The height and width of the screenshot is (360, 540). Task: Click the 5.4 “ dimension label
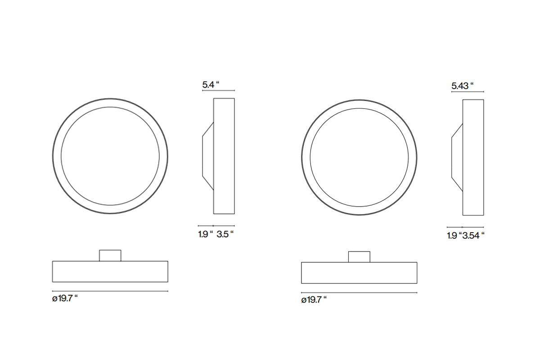[211, 85]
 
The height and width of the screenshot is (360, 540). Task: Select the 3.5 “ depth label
[225, 234]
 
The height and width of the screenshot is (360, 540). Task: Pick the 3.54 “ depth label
[473, 236]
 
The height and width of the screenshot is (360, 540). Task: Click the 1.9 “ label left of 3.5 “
[206, 234]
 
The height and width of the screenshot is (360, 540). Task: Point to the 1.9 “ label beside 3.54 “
[454, 236]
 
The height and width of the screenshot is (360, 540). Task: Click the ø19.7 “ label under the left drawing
[65, 298]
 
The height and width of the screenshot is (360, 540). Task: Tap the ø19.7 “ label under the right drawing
[314, 300]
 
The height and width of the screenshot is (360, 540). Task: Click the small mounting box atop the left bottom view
[110, 255]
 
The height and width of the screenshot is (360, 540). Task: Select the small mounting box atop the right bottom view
[359, 257]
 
